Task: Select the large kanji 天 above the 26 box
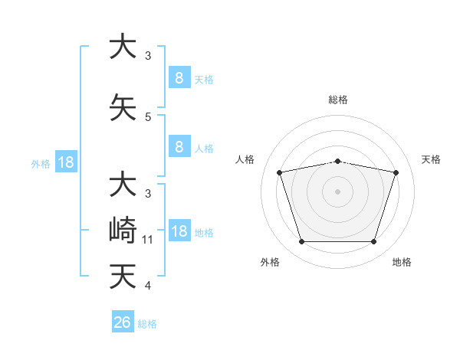point(123,277)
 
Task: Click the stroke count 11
point(148,240)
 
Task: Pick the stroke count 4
point(148,286)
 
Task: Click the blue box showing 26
point(123,322)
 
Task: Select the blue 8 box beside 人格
point(179,148)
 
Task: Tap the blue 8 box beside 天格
point(179,78)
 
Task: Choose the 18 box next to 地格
point(179,232)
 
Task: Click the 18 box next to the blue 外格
point(65,163)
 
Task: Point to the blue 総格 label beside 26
point(147,324)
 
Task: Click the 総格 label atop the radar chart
point(337,100)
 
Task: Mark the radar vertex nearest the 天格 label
point(396,172)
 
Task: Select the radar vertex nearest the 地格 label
point(373,242)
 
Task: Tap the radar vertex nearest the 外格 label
point(301,242)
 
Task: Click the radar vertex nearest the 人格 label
point(280,172)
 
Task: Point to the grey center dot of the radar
point(337,191)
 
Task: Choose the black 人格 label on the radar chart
point(245,159)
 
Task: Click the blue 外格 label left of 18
point(41,164)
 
